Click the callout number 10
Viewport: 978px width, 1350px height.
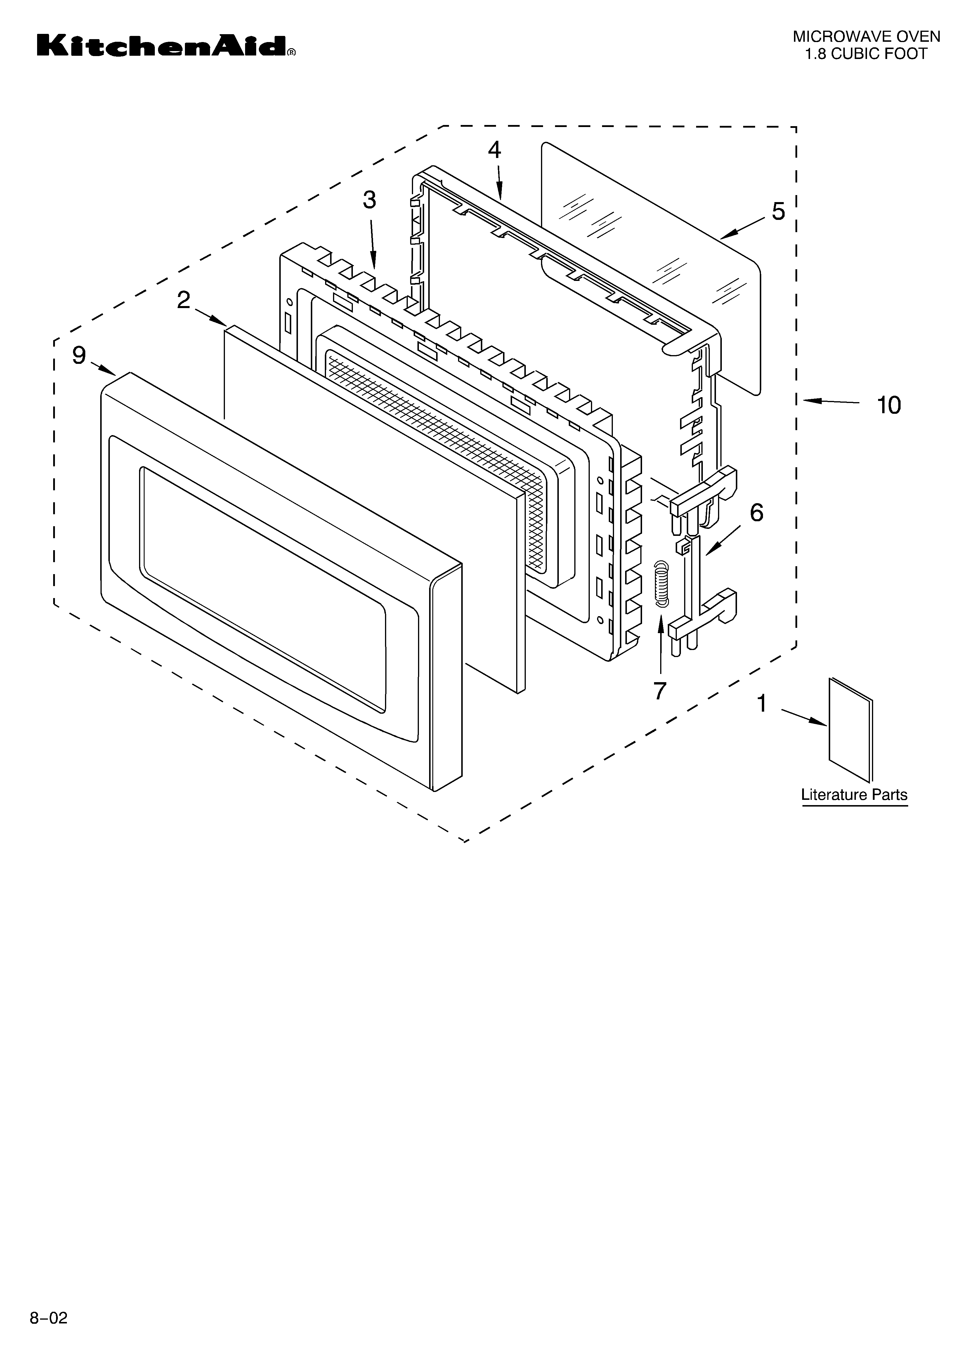click(889, 405)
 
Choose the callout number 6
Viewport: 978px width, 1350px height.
click(757, 512)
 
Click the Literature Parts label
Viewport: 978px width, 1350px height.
click(854, 795)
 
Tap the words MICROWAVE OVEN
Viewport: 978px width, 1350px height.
click(866, 37)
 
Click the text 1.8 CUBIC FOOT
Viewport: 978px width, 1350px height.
click(866, 54)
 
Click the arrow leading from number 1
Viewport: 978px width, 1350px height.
click(804, 717)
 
